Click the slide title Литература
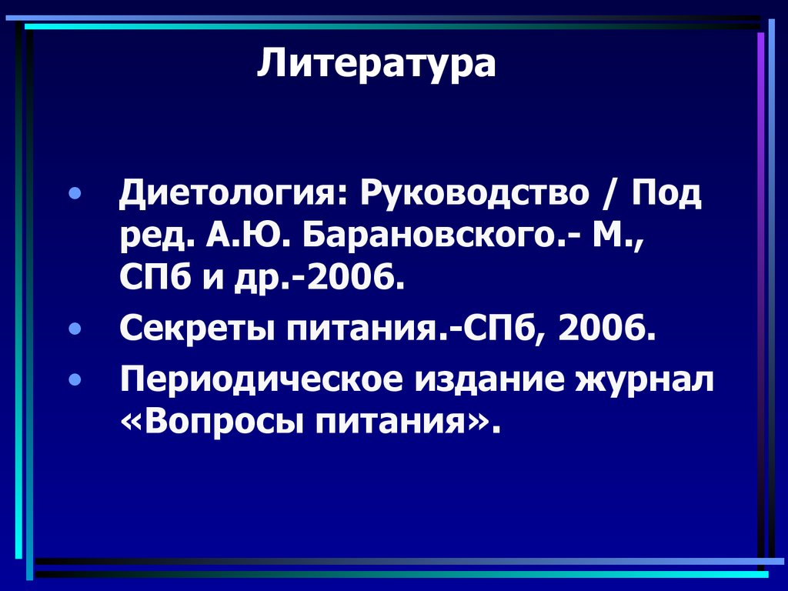click(376, 64)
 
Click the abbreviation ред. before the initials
click(155, 240)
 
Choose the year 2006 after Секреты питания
click(607, 332)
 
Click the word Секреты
click(197, 332)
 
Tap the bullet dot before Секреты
click(74, 331)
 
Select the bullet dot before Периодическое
click(74, 380)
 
